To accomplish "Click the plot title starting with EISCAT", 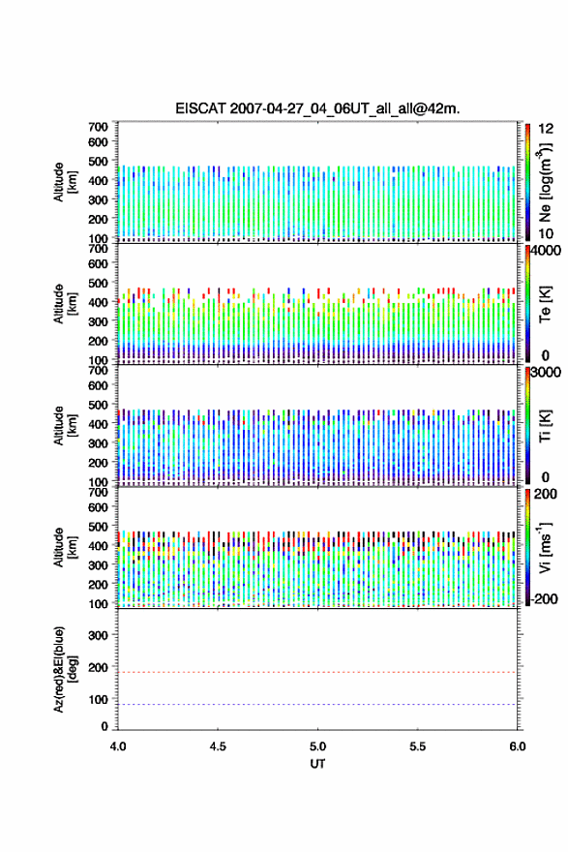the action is point(317,108).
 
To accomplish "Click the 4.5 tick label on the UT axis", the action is point(218,746).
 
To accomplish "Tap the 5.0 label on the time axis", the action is point(317,746).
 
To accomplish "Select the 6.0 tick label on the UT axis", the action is point(518,746).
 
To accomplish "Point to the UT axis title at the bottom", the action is point(317,764).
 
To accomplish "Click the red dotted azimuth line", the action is point(317,672).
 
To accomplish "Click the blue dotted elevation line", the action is point(317,704).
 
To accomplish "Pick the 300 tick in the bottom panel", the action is point(99,635).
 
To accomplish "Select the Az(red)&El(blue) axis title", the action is point(65,669).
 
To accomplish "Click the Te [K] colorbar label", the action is point(545,304).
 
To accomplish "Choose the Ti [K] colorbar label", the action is point(545,425).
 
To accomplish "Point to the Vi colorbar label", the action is point(545,548).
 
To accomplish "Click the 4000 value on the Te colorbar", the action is point(546,251).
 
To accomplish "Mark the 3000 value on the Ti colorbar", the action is point(546,372).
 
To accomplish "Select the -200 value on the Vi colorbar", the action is point(545,598).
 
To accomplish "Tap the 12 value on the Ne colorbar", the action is point(546,129).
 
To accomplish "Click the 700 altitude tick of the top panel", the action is point(99,127).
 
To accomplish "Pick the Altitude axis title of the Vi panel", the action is point(65,548).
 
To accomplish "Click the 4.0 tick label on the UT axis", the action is point(118,746).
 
